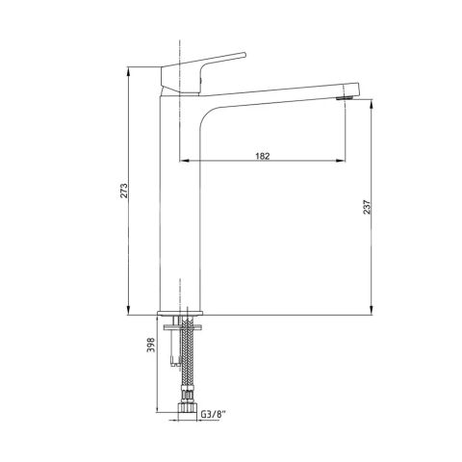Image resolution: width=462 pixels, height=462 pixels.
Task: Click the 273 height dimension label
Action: click(x=124, y=191)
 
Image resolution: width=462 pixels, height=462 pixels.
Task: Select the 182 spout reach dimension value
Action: click(x=263, y=156)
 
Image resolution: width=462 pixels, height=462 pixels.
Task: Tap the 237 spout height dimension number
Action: click(x=367, y=207)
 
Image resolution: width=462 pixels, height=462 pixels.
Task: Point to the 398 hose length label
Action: click(x=151, y=345)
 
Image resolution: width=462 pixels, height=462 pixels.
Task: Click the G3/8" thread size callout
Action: click(x=214, y=414)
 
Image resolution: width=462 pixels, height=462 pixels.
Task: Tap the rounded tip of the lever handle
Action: click(x=244, y=55)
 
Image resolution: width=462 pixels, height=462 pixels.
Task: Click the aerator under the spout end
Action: click(x=345, y=97)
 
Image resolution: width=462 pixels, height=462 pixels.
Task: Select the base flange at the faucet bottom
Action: click(x=180, y=313)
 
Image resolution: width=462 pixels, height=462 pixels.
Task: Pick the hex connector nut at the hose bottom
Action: click(x=187, y=407)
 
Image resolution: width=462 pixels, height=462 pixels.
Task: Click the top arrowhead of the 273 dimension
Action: click(x=128, y=70)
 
